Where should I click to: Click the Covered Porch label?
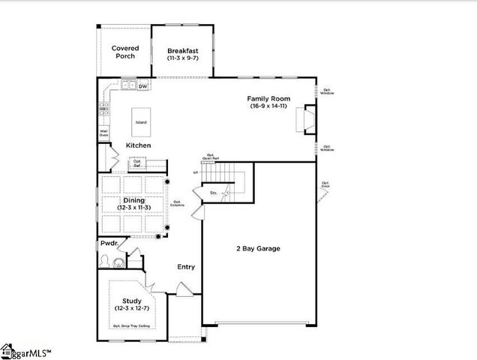click(x=125, y=52)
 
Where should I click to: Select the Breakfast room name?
click(x=182, y=51)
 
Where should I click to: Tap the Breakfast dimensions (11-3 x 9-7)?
click(x=182, y=58)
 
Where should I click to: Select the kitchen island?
click(x=140, y=121)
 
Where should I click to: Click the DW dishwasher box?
click(x=142, y=86)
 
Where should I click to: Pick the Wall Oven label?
click(x=104, y=133)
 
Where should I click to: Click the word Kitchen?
click(x=138, y=145)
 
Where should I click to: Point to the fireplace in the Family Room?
click(x=307, y=119)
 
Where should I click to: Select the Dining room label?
click(x=133, y=200)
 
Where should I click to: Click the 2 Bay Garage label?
click(x=257, y=248)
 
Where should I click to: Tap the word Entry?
click(x=186, y=266)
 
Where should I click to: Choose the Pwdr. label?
click(x=109, y=244)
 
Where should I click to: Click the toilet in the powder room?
click(x=106, y=261)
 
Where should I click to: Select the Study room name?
click(x=132, y=301)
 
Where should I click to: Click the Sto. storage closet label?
click(x=213, y=193)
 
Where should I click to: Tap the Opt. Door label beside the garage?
click(x=325, y=184)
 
